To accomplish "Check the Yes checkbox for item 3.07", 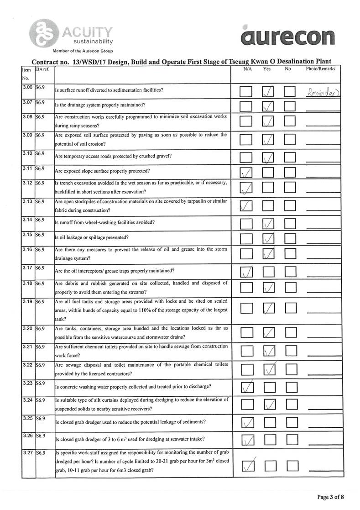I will pos(269,106).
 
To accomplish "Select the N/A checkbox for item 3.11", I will pos(246,172).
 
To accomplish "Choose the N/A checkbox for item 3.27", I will pos(247,465).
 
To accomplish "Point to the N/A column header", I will pos(248,69).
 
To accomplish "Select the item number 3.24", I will pos(27,400).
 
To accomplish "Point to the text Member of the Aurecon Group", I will pos(83,51).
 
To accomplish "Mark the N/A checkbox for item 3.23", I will pos(246,388).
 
